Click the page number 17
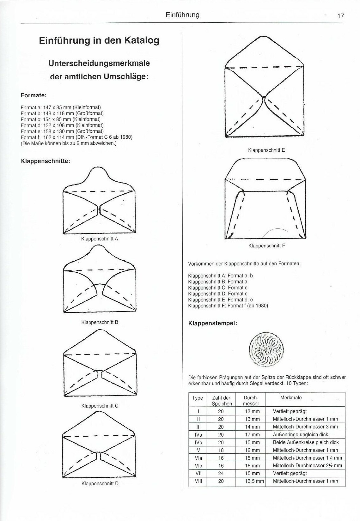tap(340, 16)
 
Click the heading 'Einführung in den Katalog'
tap(99, 41)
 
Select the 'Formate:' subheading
tap(34, 95)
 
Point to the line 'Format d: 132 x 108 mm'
tap(62, 125)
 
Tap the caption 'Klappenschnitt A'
tap(100, 239)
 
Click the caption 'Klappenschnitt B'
tap(100, 322)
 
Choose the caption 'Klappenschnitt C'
tap(100, 406)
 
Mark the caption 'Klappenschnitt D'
tap(100, 483)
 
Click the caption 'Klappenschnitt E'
tap(266, 150)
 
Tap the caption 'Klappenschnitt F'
tap(266, 245)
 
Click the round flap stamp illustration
tap(266, 351)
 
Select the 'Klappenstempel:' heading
tap(212, 324)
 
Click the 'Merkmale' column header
tap(291, 398)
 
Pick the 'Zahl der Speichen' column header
tap(222, 401)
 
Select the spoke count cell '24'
tap(221, 473)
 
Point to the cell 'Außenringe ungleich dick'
tap(300, 435)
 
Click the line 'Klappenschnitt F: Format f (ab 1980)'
tap(228, 306)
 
